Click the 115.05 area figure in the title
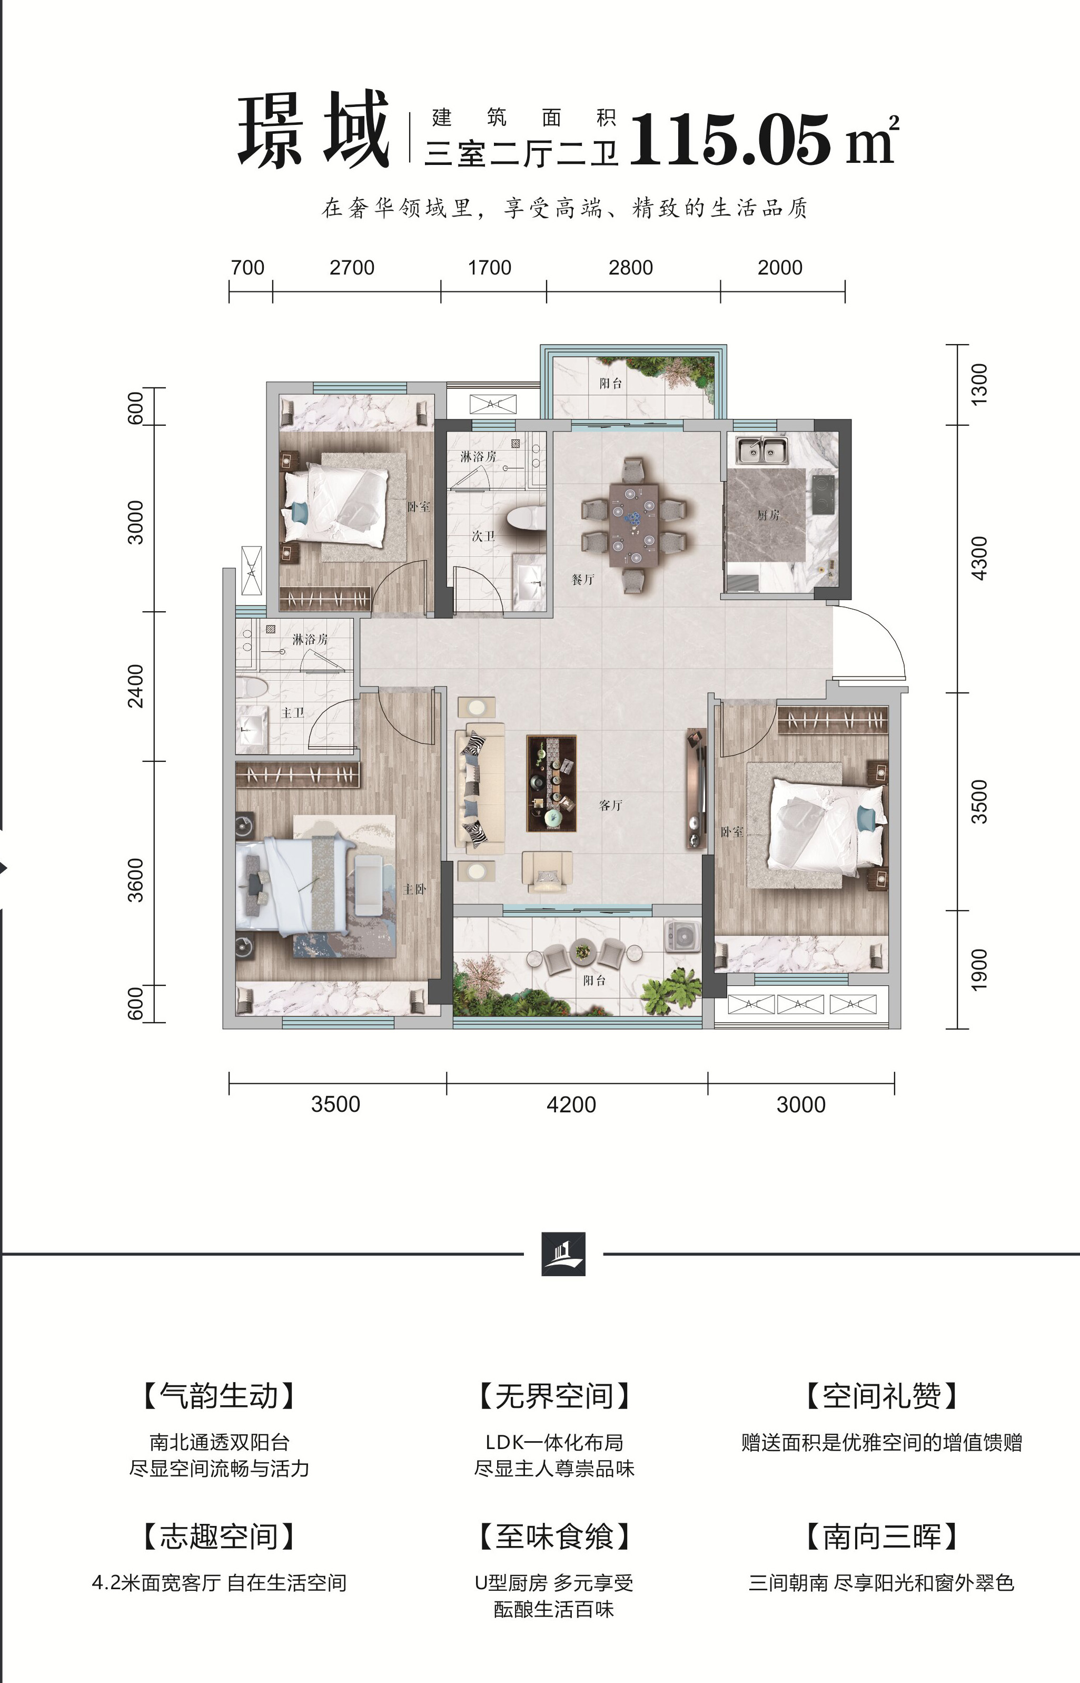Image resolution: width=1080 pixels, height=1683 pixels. click(730, 140)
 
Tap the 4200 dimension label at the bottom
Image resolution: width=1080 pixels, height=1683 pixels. click(571, 1104)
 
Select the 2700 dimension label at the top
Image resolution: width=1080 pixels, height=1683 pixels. click(352, 267)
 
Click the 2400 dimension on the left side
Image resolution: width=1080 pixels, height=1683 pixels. click(135, 686)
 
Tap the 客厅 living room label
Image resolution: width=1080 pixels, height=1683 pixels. click(611, 805)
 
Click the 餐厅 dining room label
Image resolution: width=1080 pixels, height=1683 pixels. click(583, 580)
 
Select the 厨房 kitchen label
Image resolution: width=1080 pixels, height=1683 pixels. click(768, 515)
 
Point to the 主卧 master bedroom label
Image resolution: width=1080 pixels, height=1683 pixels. click(414, 889)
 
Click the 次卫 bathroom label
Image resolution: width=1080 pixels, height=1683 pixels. click(483, 536)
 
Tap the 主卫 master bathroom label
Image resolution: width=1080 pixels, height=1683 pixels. click(293, 713)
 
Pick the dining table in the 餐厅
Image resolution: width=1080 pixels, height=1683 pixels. click(634, 525)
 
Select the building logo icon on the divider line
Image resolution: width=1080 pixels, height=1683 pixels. click(563, 1254)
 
